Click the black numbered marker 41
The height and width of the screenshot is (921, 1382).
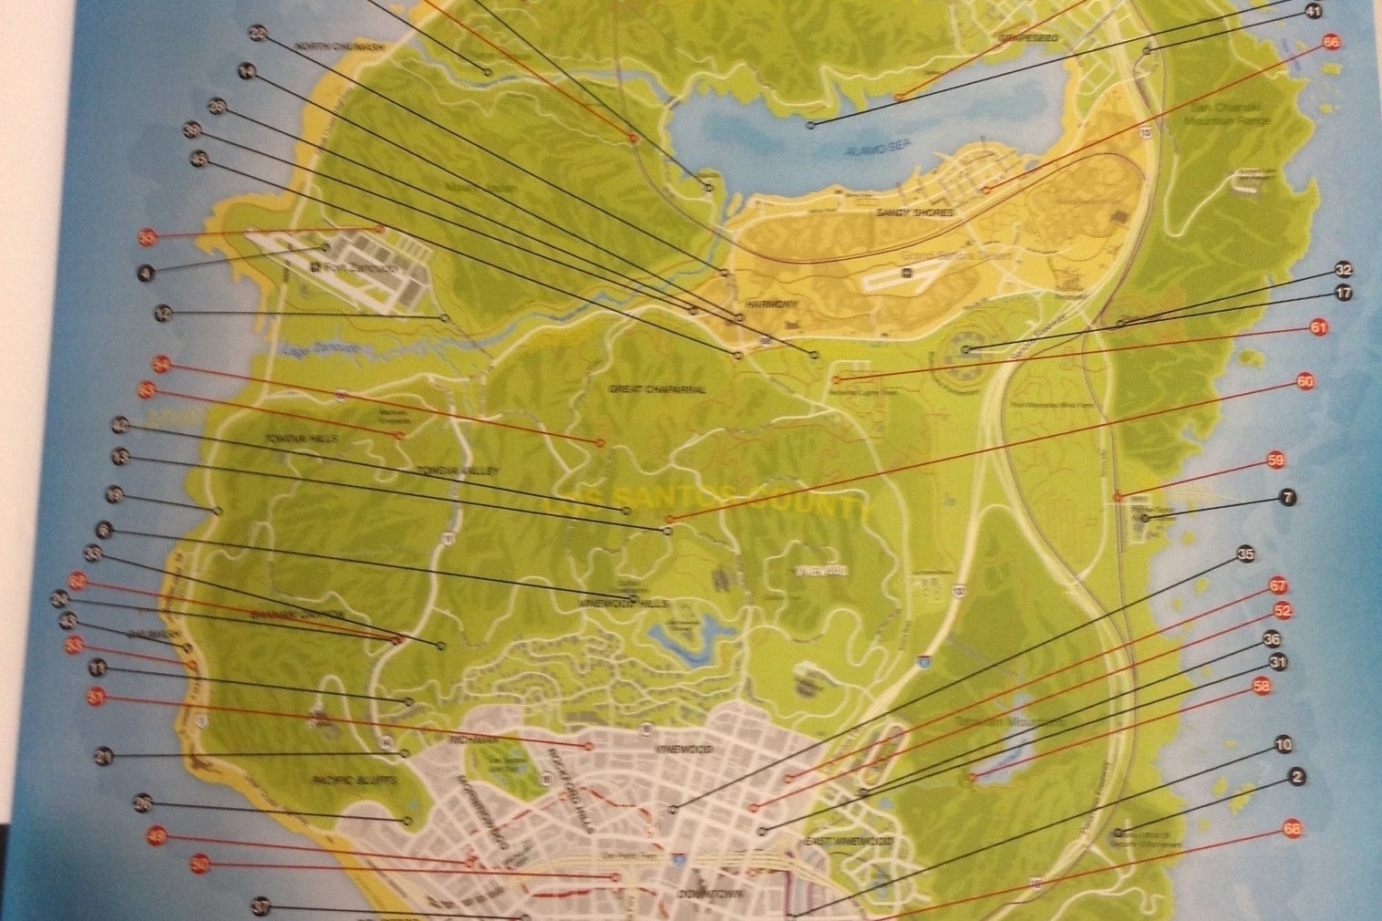click(1314, 12)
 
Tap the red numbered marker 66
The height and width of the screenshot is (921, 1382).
click(1332, 43)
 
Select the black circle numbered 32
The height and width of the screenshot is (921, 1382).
click(1343, 270)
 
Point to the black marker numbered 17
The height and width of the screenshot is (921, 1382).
click(1344, 294)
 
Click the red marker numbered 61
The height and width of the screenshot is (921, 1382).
click(1318, 327)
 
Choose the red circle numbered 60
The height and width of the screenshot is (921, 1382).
click(1305, 383)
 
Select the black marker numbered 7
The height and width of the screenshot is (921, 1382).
click(1287, 498)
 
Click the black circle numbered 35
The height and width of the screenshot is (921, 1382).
click(1246, 554)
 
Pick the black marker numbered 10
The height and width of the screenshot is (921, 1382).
click(1284, 745)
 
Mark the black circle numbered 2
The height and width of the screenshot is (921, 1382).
click(1297, 777)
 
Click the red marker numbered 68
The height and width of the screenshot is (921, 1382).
click(1291, 830)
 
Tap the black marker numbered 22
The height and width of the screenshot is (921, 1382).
click(257, 34)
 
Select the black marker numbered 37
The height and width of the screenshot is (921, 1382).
click(262, 907)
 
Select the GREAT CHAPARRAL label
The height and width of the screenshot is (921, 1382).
click(657, 389)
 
